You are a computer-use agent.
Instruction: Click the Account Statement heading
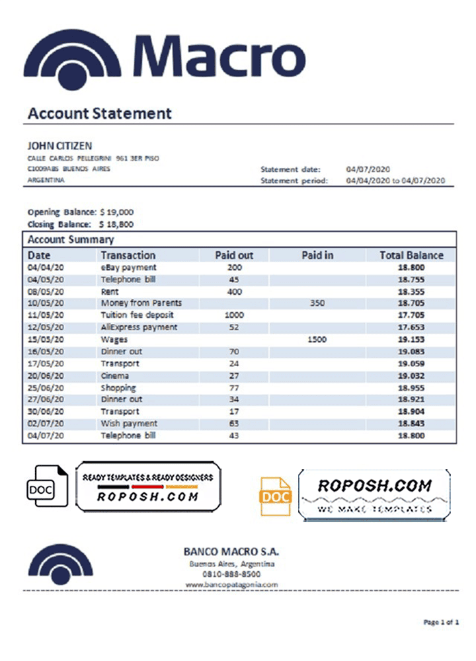pos(99,114)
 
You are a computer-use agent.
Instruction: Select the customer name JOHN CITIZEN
pos(59,145)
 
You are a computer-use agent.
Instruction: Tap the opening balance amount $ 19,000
pos(117,212)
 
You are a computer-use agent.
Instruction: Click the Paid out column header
pos(234,255)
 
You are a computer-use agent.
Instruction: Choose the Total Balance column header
pos(411,255)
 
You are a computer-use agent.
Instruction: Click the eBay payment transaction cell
pos(128,268)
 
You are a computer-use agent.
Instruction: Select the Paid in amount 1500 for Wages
pos(317,339)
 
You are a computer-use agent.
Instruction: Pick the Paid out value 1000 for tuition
pos(234,315)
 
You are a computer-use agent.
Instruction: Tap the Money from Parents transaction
pos(141,303)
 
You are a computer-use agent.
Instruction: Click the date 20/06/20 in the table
pos(46,375)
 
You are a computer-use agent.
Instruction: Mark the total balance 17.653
pos(411,327)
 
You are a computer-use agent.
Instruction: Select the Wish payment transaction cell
pos(129,423)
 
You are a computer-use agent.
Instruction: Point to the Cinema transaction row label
pos(115,375)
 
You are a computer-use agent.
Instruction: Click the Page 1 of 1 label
pos(441,622)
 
